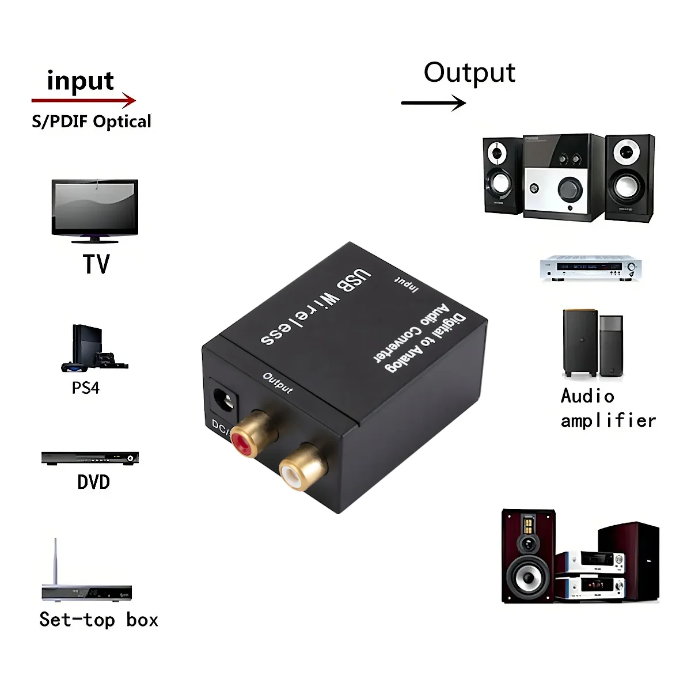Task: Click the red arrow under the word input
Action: (x=83, y=101)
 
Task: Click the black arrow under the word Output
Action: (x=433, y=103)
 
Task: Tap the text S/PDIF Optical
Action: (x=92, y=122)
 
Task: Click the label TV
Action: (x=96, y=264)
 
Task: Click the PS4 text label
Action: (x=85, y=388)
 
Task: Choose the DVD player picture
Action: (x=90, y=458)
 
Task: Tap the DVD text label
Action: (x=93, y=482)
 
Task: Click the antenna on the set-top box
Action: (x=56, y=561)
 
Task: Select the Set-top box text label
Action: (x=98, y=620)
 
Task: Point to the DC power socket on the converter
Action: (x=225, y=400)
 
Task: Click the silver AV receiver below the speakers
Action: (x=590, y=268)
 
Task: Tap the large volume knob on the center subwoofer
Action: (x=569, y=189)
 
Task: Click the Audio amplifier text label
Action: (x=608, y=408)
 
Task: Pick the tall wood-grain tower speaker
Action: (x=527, y=556)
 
